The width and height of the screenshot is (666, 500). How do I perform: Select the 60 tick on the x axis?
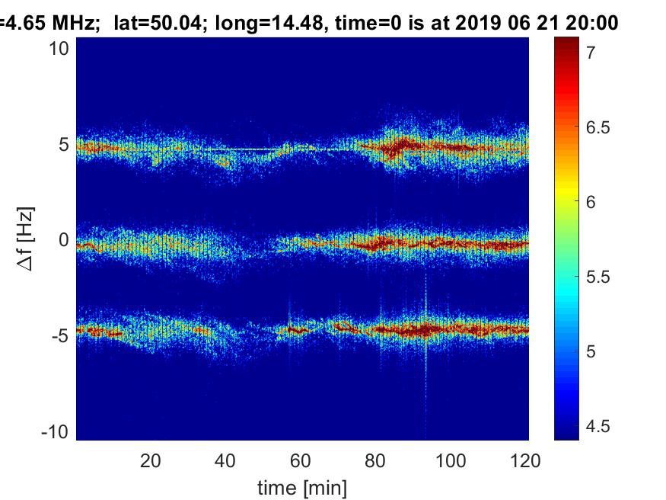301,460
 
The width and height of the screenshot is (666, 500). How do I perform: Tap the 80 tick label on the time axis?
377,460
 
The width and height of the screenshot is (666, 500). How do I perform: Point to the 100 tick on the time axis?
452,460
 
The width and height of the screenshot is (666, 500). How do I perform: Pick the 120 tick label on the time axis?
526,460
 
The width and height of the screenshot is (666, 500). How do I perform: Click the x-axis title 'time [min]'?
302,486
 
